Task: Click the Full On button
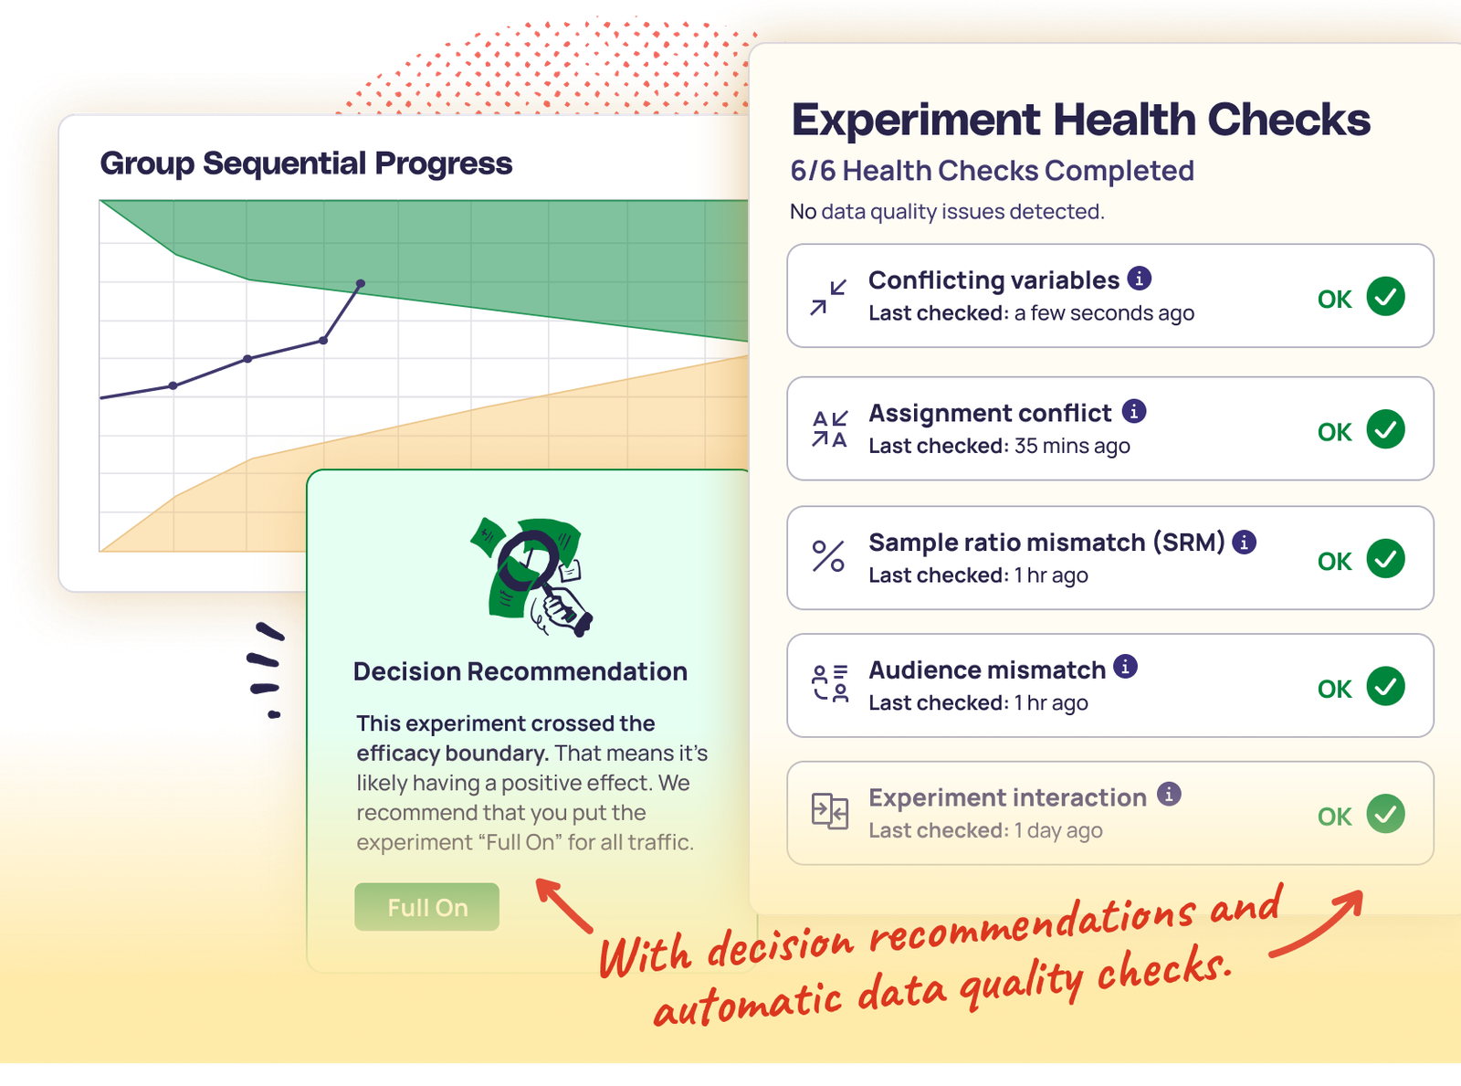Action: pos(426,907)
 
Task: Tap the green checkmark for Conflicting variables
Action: pos(1385,297)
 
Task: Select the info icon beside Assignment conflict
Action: pos(1134,411)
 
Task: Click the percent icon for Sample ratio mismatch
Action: pos(828,556)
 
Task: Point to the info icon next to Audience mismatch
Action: pos(1126,667)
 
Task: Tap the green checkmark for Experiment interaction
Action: pos(1385,814)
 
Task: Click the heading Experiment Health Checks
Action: pos(1080,120)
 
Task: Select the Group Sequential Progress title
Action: pos(306,163)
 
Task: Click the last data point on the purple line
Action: pos(361,284)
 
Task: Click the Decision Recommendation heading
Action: pos(520,671)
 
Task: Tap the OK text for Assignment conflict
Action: pos(1334,432)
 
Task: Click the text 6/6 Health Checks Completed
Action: pos(992,171)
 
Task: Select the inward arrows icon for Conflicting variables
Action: pos(828,298)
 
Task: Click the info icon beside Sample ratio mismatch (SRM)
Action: pos(1244,542)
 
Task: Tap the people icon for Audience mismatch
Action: pos(829,684)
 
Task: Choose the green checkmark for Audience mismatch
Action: pos(1385,686)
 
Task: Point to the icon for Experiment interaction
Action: pos(829,811)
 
